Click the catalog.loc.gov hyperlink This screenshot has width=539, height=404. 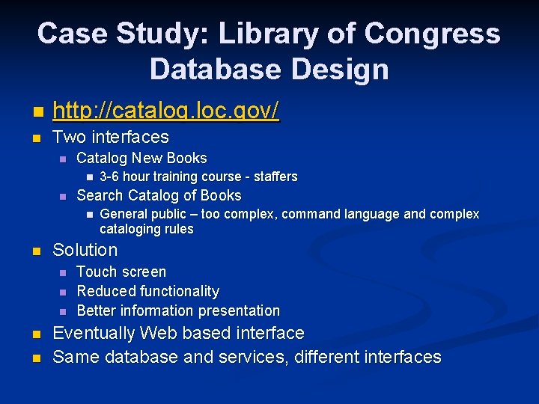165,111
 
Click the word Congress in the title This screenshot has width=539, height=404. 432,34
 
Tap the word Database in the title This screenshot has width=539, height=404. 213,69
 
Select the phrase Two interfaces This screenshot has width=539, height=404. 111,137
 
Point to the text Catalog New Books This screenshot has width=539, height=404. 141,158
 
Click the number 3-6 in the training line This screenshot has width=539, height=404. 109,177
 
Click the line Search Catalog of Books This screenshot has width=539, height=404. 159,195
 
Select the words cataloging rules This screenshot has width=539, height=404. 146,229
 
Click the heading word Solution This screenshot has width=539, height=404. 85,250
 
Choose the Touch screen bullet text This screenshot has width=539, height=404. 121,272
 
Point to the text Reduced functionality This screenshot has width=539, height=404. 147,291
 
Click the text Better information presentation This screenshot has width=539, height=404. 178,310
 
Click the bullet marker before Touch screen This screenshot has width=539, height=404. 63,272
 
